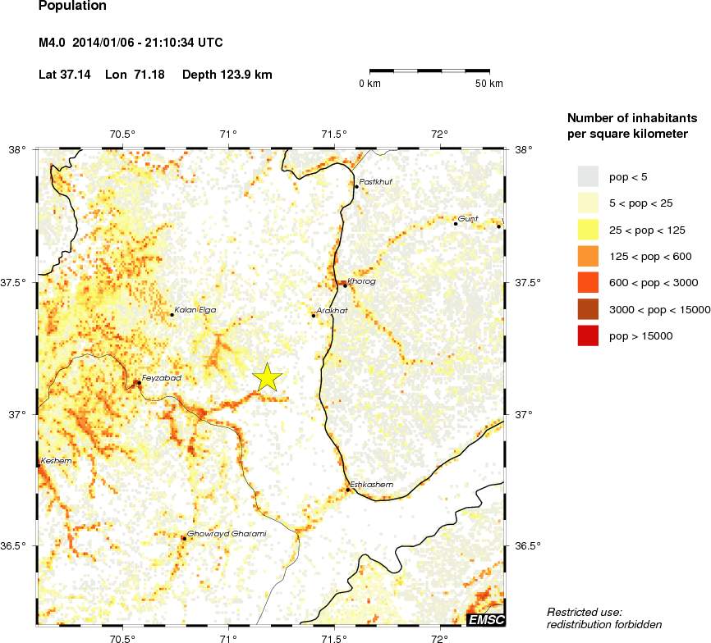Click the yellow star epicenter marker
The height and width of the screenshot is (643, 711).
(x=268, y=377)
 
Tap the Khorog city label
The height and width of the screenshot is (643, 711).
(x=360, y=281)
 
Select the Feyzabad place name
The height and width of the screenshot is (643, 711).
(x=161, y=378)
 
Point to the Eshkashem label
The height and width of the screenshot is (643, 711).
(x=371, y=485)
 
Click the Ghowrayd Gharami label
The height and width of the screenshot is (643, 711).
(x=227, y=534)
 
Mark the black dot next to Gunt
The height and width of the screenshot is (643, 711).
(x=456, y=223)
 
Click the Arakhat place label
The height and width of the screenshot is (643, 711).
(x=332, y=311)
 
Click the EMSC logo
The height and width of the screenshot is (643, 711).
(x=486, y=619)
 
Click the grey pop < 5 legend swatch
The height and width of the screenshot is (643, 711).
(x=589, y=176)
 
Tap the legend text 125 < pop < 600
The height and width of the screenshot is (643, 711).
(x=650, y=256)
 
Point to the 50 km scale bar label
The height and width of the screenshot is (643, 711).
(x=489, y=84)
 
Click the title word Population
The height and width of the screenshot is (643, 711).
(x=72, y=6)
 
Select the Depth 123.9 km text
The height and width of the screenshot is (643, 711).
(x=227, y=75)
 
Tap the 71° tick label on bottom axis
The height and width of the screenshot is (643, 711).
(x=228, y=637)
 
